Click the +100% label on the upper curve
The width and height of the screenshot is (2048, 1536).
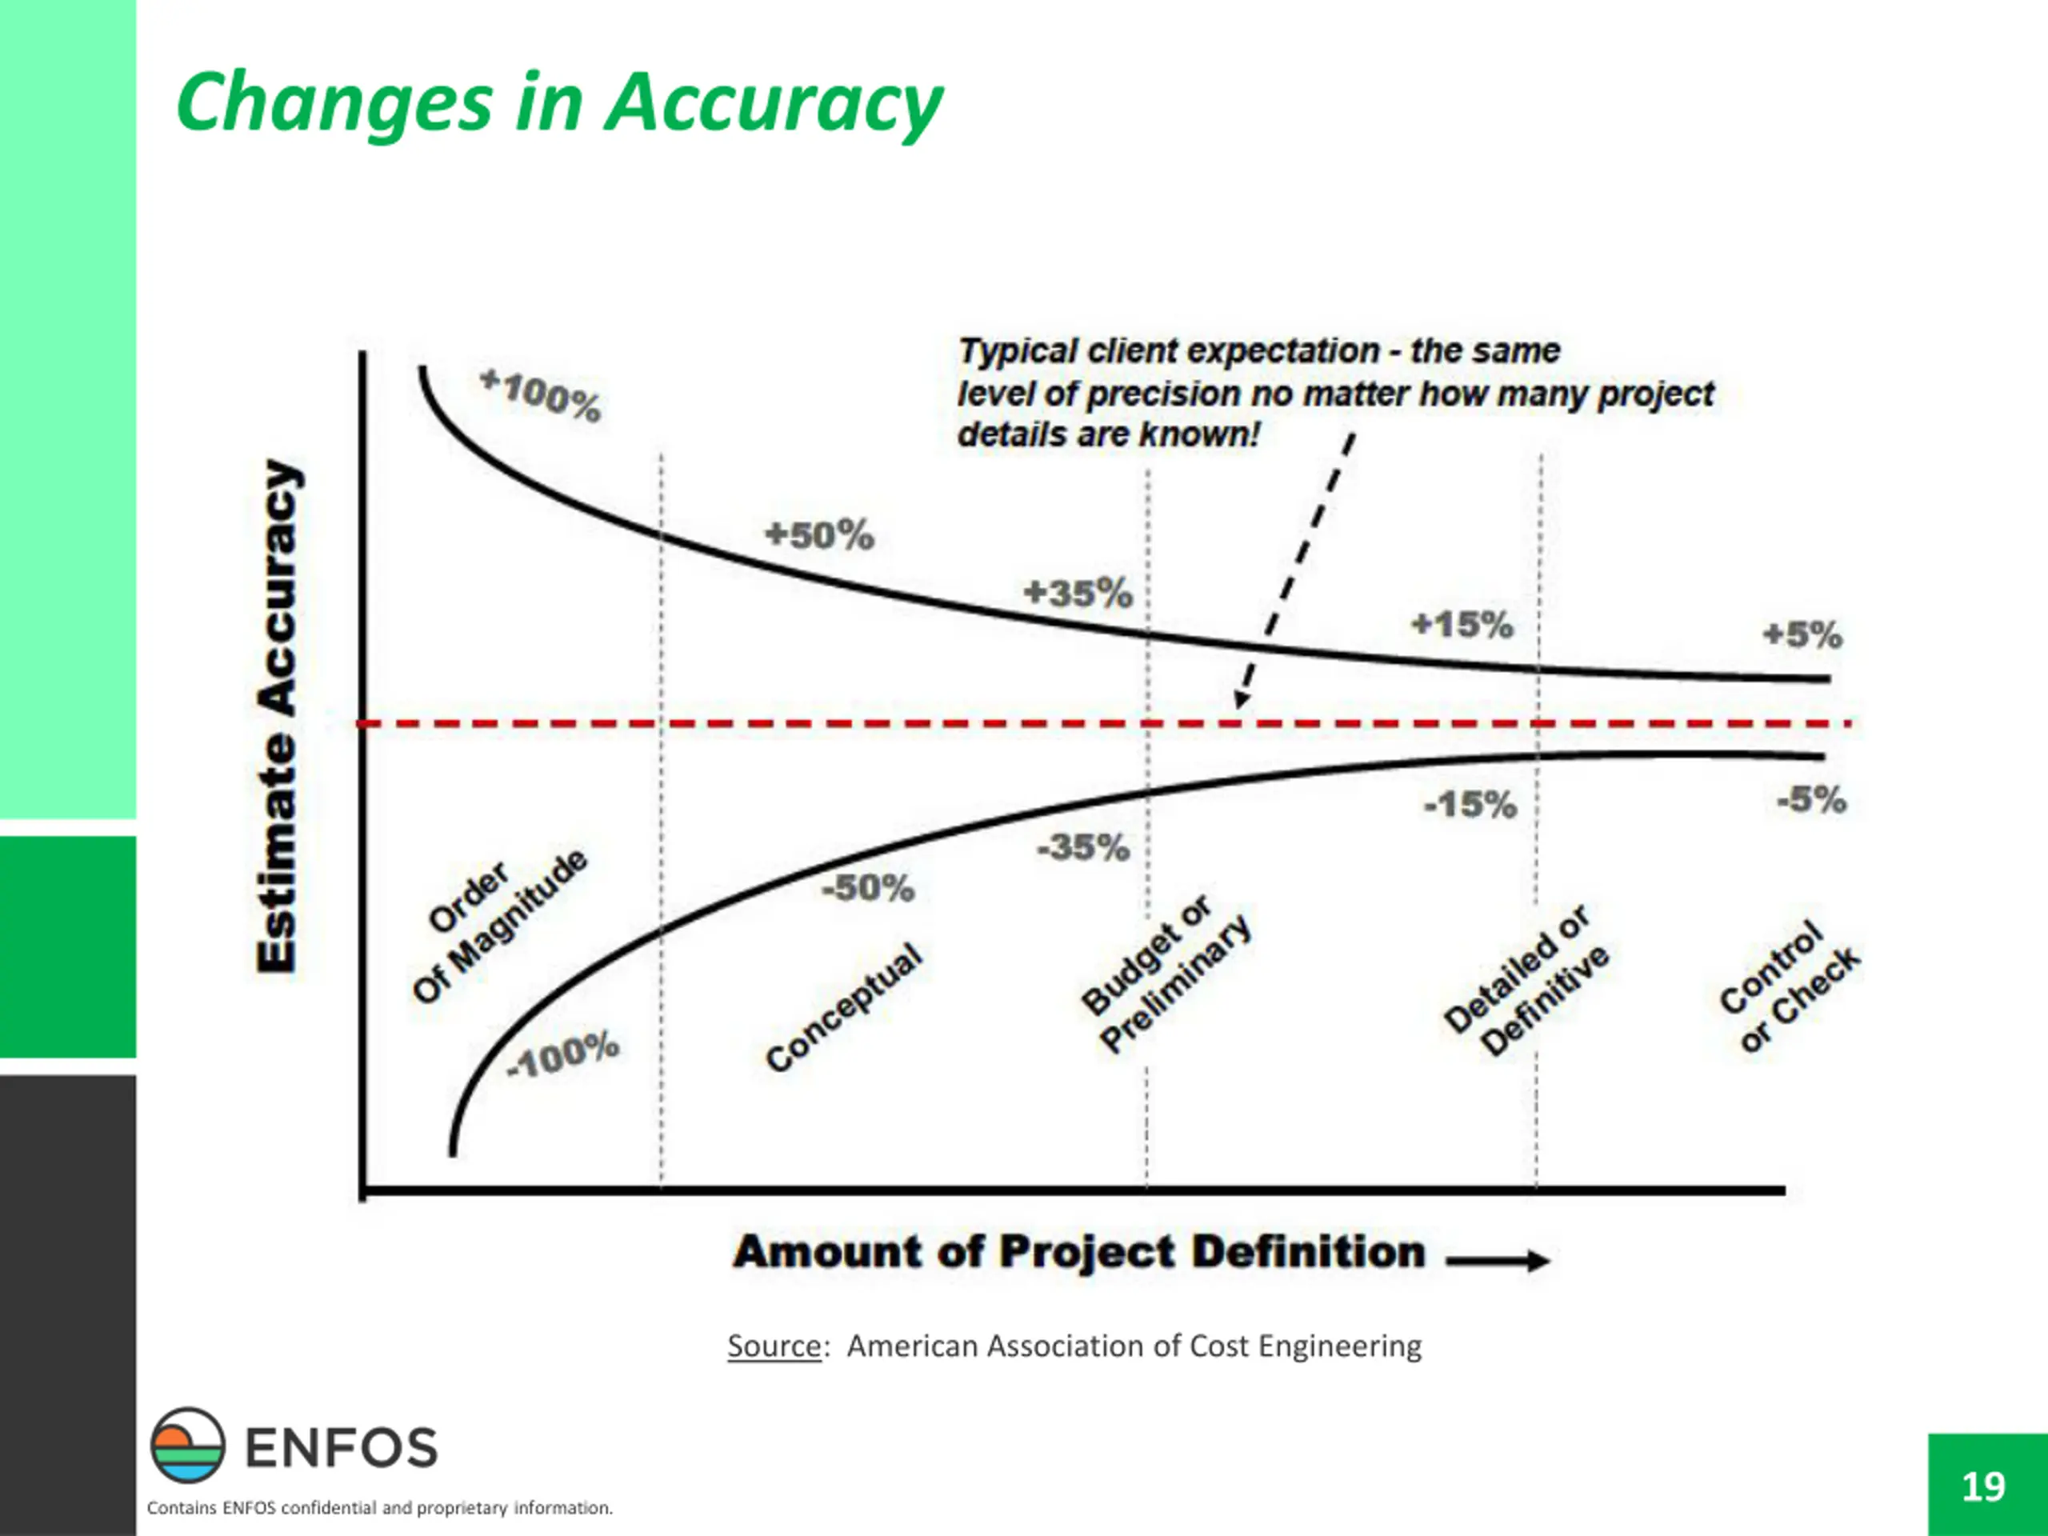[541, 394]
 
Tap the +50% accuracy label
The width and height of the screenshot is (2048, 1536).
[819, 535]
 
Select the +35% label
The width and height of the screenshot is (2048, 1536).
[1078, 593]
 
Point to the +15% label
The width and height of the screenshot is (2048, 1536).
[1462, 624]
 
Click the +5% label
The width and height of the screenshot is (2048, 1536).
[1802, 635]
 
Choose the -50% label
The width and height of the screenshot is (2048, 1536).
[867, 888]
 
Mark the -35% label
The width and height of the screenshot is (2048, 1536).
[1082, 847]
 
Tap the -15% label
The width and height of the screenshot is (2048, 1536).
[1470, 805]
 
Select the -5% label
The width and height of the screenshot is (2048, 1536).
[1811, 799]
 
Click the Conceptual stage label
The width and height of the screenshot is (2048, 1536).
[843, 1007]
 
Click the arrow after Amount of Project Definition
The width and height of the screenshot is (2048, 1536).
[1497, 1260]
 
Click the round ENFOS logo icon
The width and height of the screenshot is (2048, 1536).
[188, 1446]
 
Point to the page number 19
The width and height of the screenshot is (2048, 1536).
[1983, 1486]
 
